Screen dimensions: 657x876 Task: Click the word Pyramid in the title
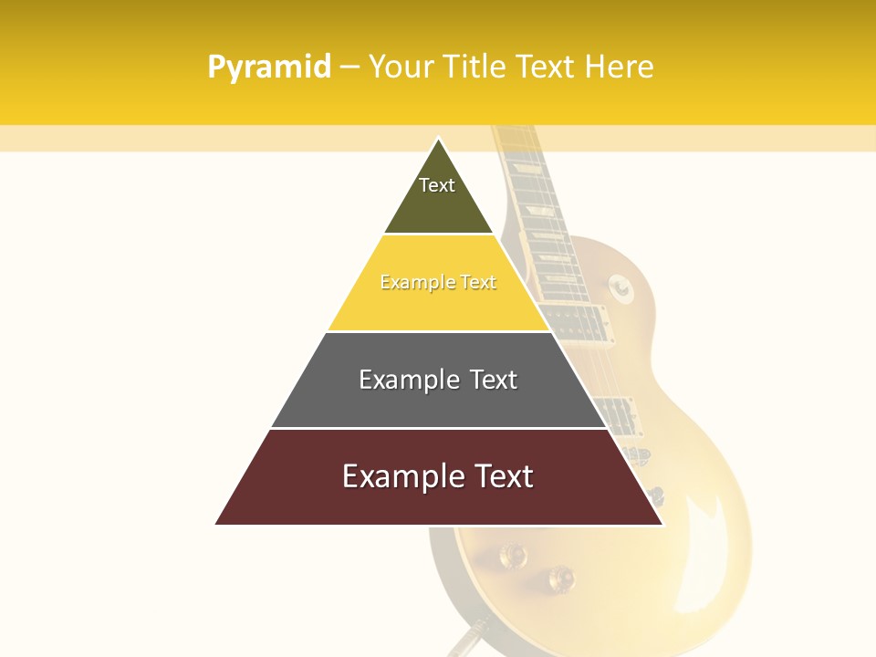[269, 68]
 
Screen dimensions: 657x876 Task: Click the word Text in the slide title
[548, 67]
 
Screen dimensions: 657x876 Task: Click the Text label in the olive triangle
[437, 185]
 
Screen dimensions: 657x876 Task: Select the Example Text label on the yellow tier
[438, 283]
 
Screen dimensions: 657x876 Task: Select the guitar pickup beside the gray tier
[619, 414]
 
